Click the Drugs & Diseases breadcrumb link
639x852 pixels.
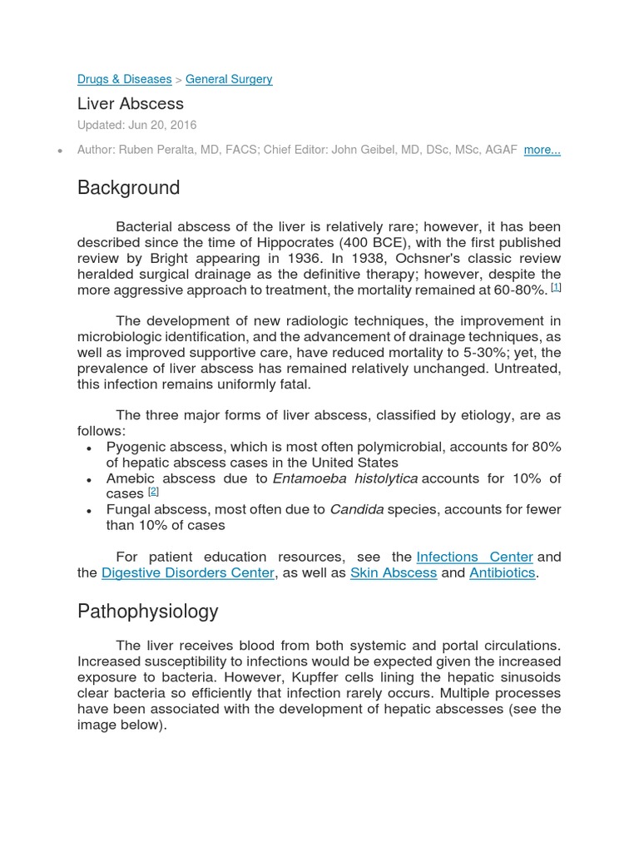[x=124, y=79]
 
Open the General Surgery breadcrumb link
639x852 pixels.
[x=229, y=79]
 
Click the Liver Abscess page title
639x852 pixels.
[x=131, y=104]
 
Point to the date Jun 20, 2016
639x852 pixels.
[x=162, y=125]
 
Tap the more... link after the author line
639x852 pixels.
[x=542, y=150]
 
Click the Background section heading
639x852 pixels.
[x=128, y=188]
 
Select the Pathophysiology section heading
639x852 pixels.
[x=147, y=612]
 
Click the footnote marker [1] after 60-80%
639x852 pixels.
[x=557, y=287]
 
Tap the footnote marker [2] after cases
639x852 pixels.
[x=153, y=491]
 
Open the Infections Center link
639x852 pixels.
[x=474, y=557]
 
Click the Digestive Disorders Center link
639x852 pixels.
[x=188, y=572]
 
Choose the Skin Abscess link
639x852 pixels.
[x=394, y=572]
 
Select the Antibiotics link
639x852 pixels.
[x=502, y=572]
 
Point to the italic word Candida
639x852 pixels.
[x=357, y=509]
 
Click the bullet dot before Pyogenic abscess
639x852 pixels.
[x=89, y=448]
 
